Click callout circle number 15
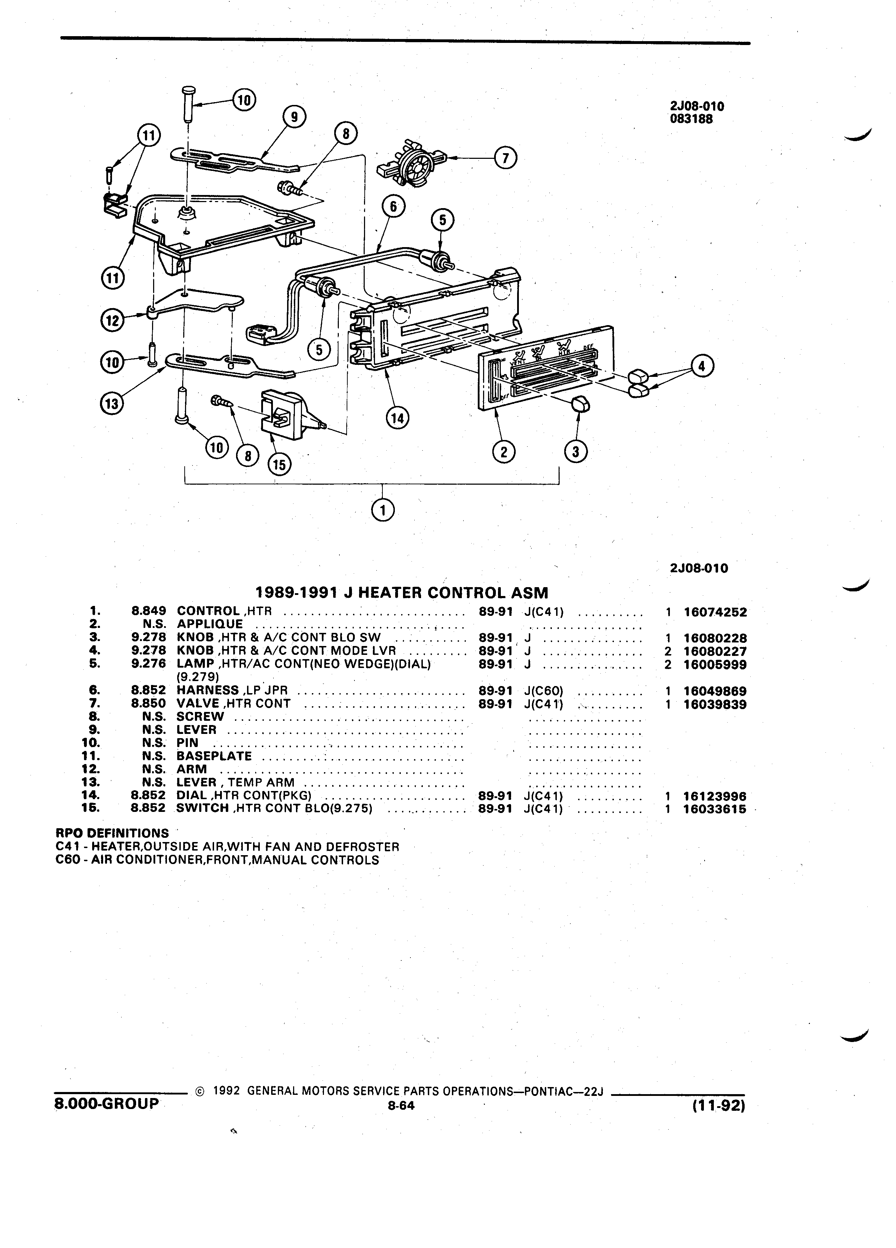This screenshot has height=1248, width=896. point(279,465)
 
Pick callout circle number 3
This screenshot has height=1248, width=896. point(576,452)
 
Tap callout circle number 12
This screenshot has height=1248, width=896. point(112,320)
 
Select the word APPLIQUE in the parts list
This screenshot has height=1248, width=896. point(209,624)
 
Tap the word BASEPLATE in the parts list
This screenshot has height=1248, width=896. point(214,756)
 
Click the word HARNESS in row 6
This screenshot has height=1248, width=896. point(207,690)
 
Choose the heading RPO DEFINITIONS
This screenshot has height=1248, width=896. point(112,833)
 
